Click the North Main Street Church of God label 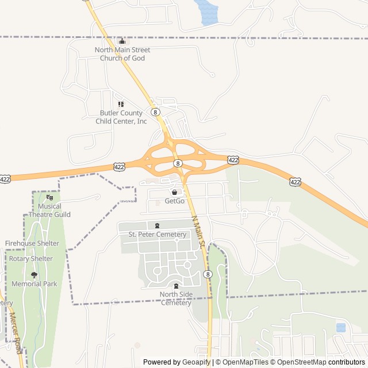click(124, 54)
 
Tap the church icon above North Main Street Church click(121, 41)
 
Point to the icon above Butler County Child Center click(121, 105)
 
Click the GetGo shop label click(175, 201)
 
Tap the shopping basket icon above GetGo click(174, 192)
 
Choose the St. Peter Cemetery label click(157, 234)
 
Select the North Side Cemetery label click(176, 299)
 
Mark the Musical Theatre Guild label click(49, 210)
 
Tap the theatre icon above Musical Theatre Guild click(49, 198)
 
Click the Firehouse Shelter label click(32, 243)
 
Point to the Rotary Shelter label click(31, 258)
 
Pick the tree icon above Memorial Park click(34, 275)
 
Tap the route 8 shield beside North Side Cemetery click(207, 274)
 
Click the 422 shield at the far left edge click(5, 179)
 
